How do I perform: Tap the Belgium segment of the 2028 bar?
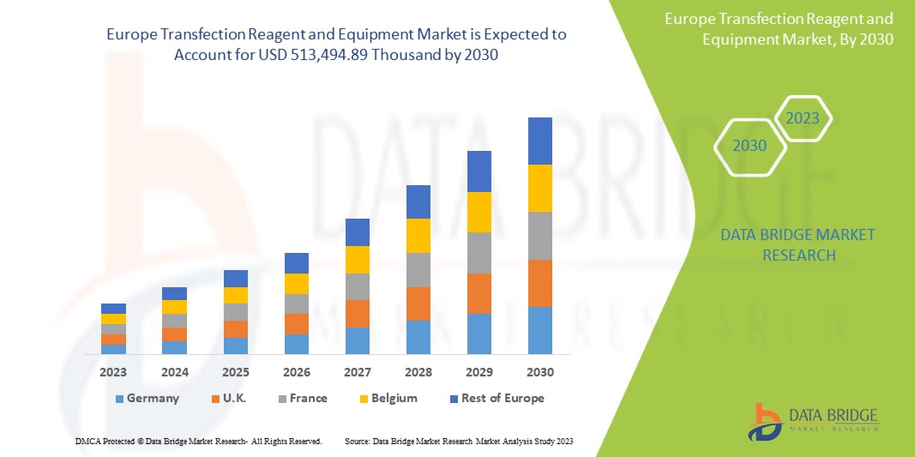pos(418,236)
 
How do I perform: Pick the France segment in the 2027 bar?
pos(357,286)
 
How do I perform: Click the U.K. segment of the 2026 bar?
pos(296,324)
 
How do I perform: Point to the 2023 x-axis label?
pos(113,372)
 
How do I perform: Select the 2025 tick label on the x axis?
pos(235,372)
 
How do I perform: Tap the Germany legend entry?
pos(147,398)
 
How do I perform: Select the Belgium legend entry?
pos(388,398)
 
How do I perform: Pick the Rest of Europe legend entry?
pos(496,398)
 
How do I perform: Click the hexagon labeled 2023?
pos(803,118)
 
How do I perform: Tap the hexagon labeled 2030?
pos(749,146)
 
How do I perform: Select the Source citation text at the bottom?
pos(459,441)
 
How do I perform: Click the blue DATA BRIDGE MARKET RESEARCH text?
pos(786,244)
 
